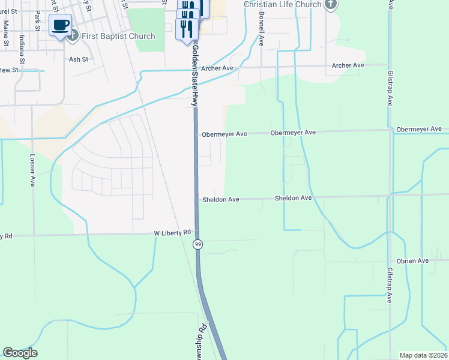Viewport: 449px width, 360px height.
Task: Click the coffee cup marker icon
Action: click(60, 25)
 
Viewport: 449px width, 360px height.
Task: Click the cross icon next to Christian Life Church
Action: click(330, 5)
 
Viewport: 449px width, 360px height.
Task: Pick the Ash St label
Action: click(79, 59)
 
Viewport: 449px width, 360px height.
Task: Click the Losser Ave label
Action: click(32, 172)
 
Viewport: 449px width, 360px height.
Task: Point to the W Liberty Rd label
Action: click(172, 232)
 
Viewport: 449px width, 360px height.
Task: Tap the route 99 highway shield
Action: click(197, 244)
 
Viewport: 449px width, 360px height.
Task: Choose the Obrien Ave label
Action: click(412, 261)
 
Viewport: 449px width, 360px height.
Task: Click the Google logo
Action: click(20, 353)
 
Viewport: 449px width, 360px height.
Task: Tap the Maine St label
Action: click(6, 33)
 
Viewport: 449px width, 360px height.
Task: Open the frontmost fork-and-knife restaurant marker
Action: click(187, 28)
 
